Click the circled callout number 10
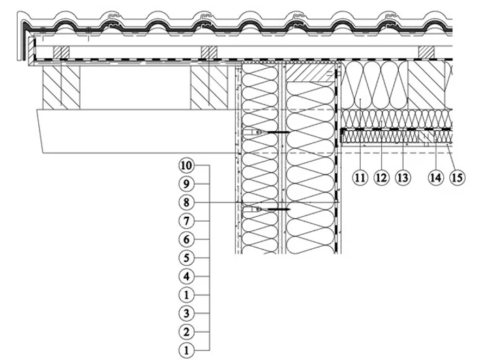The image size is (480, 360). click(186, 166)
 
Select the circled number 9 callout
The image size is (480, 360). click(186, 184)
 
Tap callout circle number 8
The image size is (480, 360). click(186, 202)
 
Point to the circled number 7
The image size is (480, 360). click(186, 221)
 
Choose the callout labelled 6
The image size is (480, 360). click(186, 239)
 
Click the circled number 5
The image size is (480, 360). click(186, 258)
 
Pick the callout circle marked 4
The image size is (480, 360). click(186, 277)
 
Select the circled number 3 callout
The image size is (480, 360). click(186, 314)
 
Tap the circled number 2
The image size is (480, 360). click(186, 332)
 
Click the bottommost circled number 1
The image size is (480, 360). click(186, 350)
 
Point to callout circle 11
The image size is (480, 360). click(360, 177)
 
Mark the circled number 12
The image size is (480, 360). click(381, 177)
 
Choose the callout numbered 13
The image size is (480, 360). click(403, 177)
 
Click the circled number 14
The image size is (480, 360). click(436, 177)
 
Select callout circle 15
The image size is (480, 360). click(457, 177)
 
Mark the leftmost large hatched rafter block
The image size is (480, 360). click(61, 87)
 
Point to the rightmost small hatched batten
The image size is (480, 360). click(426, 52)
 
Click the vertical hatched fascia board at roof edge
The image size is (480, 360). click(31, 51)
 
